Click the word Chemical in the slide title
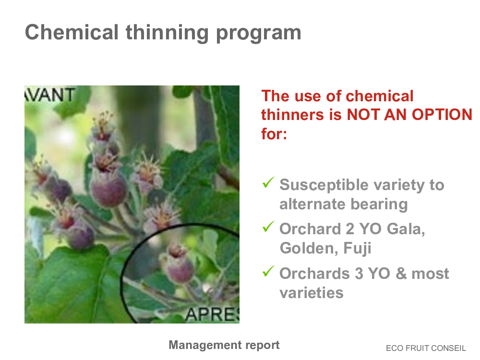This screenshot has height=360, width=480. coord(72,32)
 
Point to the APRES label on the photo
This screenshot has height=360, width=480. coord(212,314)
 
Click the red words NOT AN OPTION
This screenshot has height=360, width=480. coord(409,115)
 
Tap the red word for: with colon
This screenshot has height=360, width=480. coord(274,134)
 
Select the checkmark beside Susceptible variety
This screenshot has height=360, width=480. coord(268,182)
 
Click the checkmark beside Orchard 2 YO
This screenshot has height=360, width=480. coord(268,227)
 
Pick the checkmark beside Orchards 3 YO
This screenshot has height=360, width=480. coord(268,271)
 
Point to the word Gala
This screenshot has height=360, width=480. coord(406,229)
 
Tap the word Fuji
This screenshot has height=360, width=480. coord(357,248)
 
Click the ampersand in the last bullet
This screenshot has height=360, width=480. coord(401,274)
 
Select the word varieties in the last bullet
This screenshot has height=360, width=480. coord(312,293)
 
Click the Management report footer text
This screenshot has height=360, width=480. coord(224,345)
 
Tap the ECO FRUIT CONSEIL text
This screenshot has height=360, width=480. coord(426,348)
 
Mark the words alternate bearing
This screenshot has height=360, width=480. coord(344,204)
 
